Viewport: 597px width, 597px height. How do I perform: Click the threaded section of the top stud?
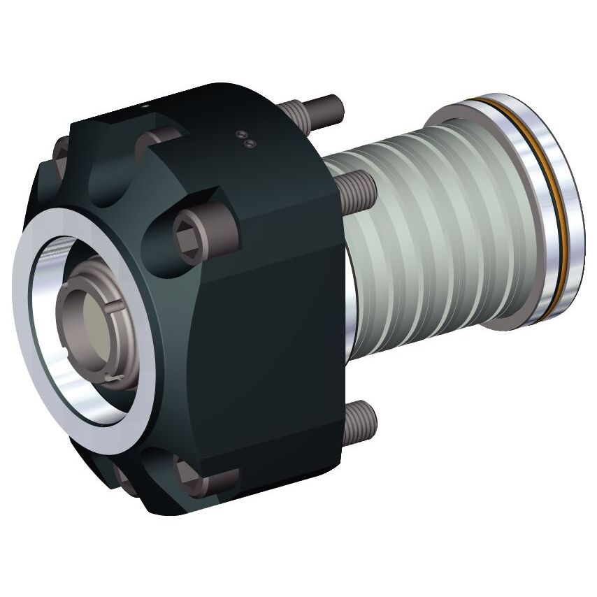[x=296, y=112]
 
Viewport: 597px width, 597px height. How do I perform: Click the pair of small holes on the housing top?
[x=245, y=139]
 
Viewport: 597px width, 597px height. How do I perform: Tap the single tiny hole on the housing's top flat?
[x=146, y=107]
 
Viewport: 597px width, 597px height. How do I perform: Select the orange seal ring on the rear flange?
[x=552, y=210]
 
